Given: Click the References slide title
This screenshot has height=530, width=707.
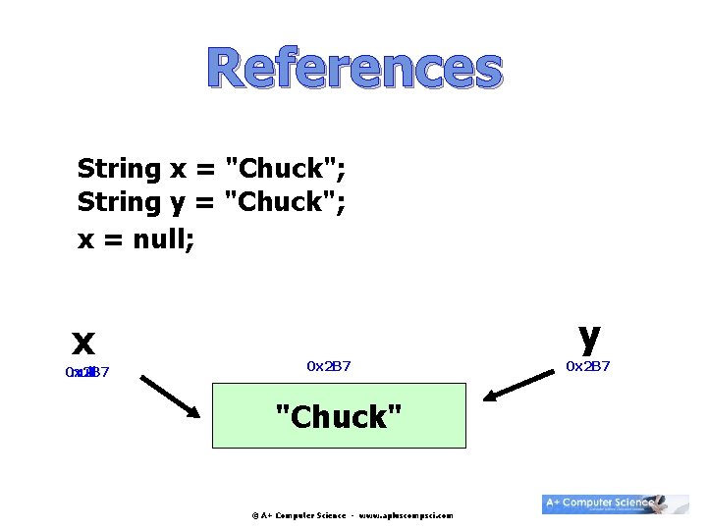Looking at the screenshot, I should point(354,70).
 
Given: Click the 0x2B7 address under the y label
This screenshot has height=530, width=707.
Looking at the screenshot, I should point(588,366).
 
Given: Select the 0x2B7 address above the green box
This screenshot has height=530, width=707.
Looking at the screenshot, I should point(329,366).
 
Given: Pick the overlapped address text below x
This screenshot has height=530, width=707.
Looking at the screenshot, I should point(86,373).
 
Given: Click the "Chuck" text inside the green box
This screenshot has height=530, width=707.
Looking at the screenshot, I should point(338,417).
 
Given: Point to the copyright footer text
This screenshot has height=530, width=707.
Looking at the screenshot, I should point(353,514).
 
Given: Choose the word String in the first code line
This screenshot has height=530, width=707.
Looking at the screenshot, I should point(119,170).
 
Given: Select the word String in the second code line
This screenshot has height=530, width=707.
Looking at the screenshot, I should point(119,203).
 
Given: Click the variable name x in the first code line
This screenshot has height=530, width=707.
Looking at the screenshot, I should point(179,170).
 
